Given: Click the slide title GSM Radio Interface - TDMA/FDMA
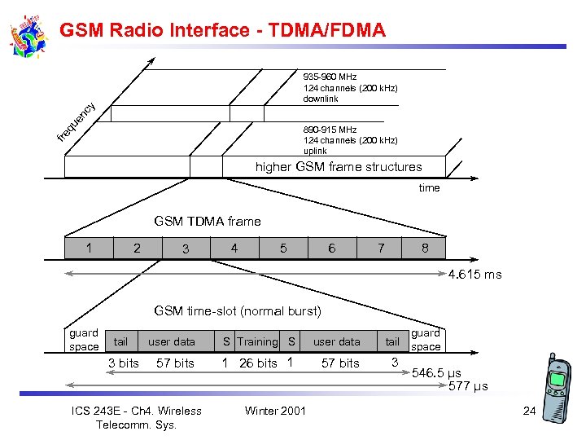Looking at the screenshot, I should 222,30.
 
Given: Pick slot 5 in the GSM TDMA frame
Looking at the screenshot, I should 283,248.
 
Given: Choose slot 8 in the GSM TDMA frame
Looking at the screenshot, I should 425,248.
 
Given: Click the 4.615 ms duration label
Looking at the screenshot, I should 474,275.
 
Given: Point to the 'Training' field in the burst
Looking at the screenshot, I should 257,341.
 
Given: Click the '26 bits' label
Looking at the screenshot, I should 258,363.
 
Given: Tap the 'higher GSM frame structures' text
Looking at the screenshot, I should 339,167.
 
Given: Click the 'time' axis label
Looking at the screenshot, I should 429,188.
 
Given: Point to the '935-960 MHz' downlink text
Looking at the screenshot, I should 330,77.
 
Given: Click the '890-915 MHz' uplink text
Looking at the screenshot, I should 330,130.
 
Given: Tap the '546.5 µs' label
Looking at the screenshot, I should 436,373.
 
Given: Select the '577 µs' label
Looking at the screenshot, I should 468,386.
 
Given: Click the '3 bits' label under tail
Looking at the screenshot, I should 124,363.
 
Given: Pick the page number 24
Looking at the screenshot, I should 529,411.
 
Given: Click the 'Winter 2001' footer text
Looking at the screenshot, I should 275,411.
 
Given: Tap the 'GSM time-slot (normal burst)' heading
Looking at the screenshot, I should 238,310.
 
